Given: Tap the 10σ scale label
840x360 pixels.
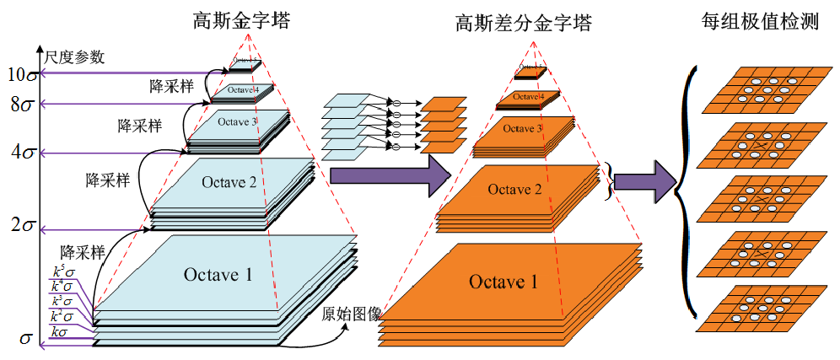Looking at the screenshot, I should (20, 74).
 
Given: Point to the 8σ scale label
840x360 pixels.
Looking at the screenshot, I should (20, 105).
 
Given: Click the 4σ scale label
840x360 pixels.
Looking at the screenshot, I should (20, 153).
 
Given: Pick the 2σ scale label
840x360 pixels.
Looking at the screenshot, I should (20, 228).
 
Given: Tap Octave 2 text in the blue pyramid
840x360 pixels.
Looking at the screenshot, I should (228, 180).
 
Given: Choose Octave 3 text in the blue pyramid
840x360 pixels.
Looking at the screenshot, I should (238, 122).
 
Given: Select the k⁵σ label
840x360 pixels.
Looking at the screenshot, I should (62, 272).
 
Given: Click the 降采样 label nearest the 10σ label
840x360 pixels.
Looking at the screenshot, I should (170, 86).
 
